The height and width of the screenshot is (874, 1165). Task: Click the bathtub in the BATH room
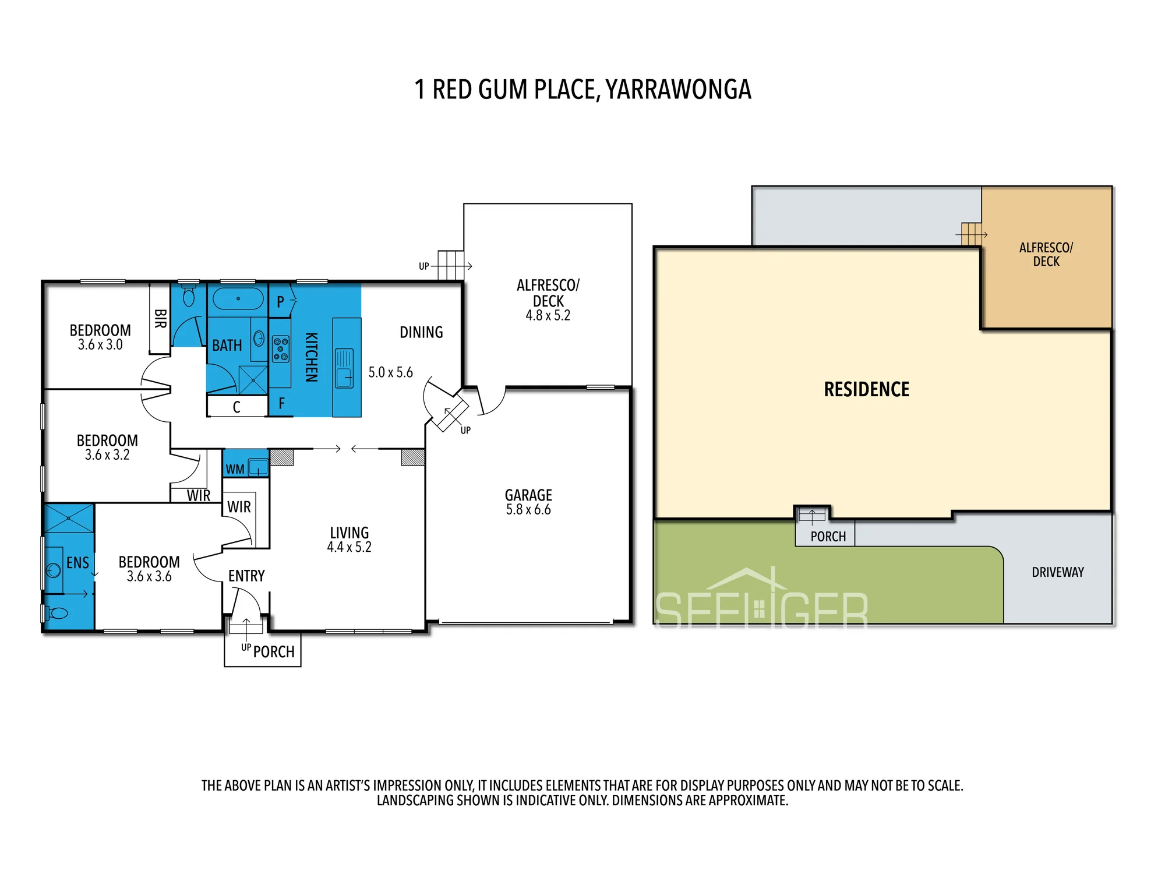238,299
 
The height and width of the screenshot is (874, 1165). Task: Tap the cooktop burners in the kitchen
281,349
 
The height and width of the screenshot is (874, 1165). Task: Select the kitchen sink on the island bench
344,368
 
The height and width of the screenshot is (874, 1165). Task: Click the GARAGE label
528,495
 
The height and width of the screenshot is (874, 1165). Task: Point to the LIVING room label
349,533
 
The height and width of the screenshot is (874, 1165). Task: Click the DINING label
421,332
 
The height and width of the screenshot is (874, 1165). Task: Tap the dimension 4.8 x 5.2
548,315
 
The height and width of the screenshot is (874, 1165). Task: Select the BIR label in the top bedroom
160,319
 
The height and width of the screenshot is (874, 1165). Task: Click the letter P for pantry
280,302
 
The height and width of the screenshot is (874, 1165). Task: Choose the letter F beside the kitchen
281,403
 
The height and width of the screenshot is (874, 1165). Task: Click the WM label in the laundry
235,469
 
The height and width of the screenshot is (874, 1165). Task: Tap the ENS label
77,563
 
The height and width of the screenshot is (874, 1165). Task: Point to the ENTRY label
246,576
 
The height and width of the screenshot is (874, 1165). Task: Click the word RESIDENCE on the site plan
867,389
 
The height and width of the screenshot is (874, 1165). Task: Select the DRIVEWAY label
1058,572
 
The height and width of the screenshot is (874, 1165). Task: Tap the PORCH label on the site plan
828,537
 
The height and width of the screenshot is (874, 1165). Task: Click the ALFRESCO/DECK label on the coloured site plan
1046,255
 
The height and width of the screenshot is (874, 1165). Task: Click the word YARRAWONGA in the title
679,89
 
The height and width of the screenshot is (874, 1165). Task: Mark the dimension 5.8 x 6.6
528,510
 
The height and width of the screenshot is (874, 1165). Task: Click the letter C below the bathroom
236,407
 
